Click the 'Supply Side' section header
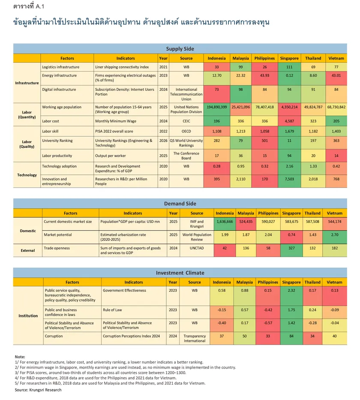(180, 49)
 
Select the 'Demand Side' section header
(180, 203)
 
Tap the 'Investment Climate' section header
(180, 273)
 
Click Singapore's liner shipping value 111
(289, 67)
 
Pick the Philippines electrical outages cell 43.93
(264, 75)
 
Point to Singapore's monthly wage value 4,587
(289, 121)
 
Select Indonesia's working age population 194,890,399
(216, 107)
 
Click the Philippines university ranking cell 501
(264, 140)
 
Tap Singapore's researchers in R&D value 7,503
(289, 179)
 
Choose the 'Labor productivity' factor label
(57, 156)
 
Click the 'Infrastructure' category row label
(27, 83)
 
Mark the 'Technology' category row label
(27, 175)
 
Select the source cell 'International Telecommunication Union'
(186, 94)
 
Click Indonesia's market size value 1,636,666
(225, 221)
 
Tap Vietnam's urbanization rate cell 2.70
(335, 235)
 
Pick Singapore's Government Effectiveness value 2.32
(291, 290)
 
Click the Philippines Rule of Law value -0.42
(268, 310)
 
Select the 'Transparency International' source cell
(195, 338)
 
